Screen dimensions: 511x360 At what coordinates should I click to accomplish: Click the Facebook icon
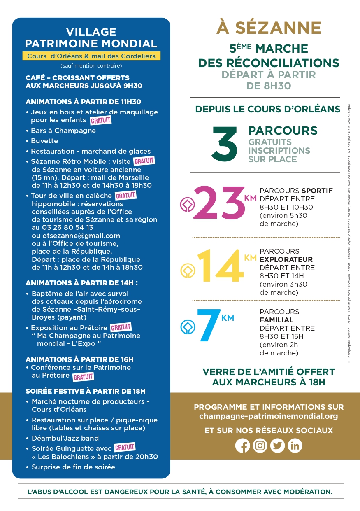[x=243, y=446]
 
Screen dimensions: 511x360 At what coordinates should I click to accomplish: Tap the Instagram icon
[x=260, y=446]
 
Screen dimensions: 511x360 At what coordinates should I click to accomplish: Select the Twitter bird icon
[x=277, y=446]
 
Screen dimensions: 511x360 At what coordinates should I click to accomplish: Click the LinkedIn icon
[x=295, y=446]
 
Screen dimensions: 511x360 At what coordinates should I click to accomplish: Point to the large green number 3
[x=225, y=144]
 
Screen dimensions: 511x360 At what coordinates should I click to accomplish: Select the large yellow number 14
[x=220, y=267]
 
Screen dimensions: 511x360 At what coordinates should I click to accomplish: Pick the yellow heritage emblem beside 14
[x=187, y=270]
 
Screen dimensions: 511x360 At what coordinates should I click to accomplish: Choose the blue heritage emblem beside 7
[x=187, y=327]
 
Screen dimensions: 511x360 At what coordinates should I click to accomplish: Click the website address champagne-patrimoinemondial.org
[x=268, y=416]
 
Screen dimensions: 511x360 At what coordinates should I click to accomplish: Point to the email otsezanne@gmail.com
[x=81, y=236]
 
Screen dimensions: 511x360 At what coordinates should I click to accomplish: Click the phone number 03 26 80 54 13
[x=67, y=227]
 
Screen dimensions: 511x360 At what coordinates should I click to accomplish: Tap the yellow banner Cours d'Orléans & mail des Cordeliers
[x=91, y=56]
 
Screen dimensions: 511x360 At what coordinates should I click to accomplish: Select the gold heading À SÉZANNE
[x=269, y=28]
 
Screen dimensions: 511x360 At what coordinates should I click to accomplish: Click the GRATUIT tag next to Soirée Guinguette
[x=125, y=448]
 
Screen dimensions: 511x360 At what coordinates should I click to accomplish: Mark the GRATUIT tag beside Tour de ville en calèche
[x=125, y=195]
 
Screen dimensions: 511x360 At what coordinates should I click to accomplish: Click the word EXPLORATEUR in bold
[x=286, y=259]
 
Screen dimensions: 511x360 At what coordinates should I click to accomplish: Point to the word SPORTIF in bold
[x=317, y=191]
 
